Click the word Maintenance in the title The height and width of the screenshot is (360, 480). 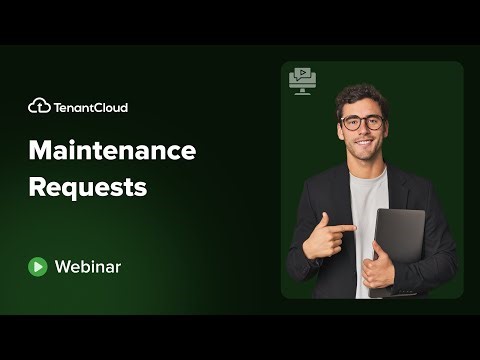click(112, 151)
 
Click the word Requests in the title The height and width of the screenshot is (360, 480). click(87, 186)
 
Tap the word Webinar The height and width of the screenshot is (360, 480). click(88, 266)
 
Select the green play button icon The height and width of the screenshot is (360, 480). click(38, 266)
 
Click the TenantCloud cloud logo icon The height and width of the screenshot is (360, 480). click(39, 106)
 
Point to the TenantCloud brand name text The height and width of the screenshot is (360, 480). click(91, 107)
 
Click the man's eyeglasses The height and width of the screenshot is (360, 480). click(361, 123)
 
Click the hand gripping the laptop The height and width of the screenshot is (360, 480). click(378, 268)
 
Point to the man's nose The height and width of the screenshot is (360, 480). click(362, 133)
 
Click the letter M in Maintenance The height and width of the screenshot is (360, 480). click(40, 151)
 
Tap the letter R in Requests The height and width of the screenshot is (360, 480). click(36, 186)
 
